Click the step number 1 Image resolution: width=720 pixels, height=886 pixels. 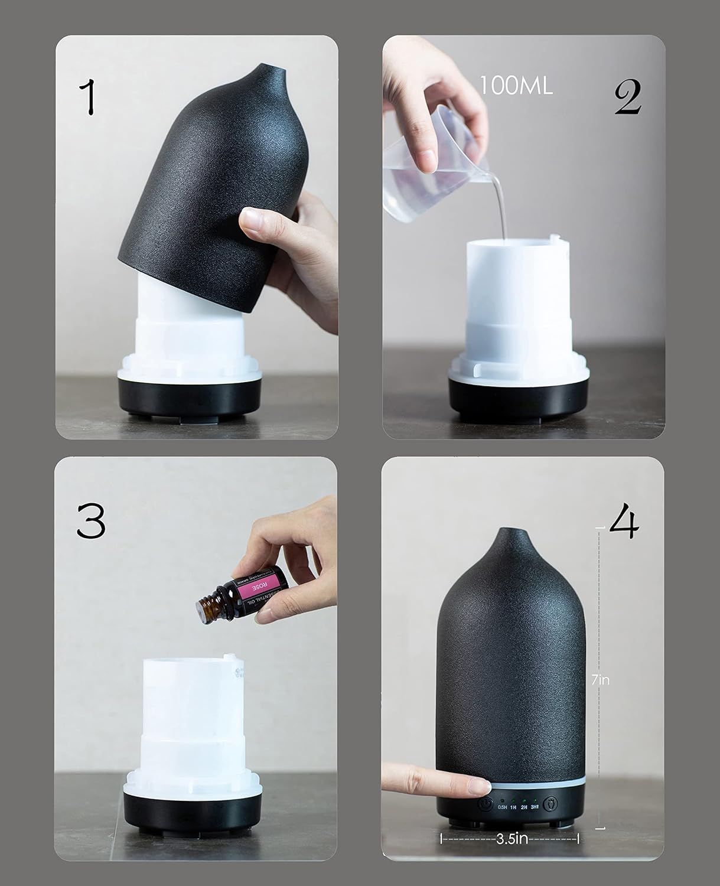89,97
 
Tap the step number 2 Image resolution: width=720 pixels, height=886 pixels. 627,97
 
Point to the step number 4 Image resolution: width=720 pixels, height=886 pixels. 624,523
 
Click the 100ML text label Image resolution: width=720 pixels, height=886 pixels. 516,86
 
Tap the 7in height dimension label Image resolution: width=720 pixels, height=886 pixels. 600,680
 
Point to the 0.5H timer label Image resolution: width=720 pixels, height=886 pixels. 503,807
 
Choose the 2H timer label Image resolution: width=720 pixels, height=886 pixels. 524,807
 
